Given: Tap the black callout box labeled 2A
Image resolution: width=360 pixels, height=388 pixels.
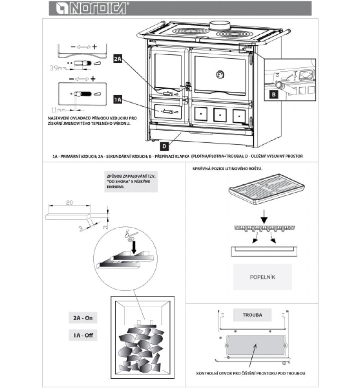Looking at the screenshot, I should coord(118,59).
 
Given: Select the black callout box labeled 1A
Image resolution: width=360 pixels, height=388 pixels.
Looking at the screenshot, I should coord(118,100).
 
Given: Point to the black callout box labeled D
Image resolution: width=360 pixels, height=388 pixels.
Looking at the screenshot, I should coord(165,146).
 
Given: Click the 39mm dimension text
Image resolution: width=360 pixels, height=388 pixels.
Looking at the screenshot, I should coord(57,69).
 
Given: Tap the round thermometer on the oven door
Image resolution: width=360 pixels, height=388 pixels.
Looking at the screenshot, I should coord(219,74).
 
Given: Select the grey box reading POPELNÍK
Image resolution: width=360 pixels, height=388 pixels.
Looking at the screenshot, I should coord(262,277).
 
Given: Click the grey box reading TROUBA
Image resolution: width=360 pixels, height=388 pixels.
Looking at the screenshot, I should coord(252,315).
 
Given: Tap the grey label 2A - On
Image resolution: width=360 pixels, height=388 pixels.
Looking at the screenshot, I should coord(83,318).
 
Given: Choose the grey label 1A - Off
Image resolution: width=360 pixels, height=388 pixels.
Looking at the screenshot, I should coord(83,335).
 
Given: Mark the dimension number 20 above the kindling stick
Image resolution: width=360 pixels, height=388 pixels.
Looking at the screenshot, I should coord(69,203).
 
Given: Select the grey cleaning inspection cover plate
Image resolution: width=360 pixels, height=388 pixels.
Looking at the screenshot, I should coord(256,345).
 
